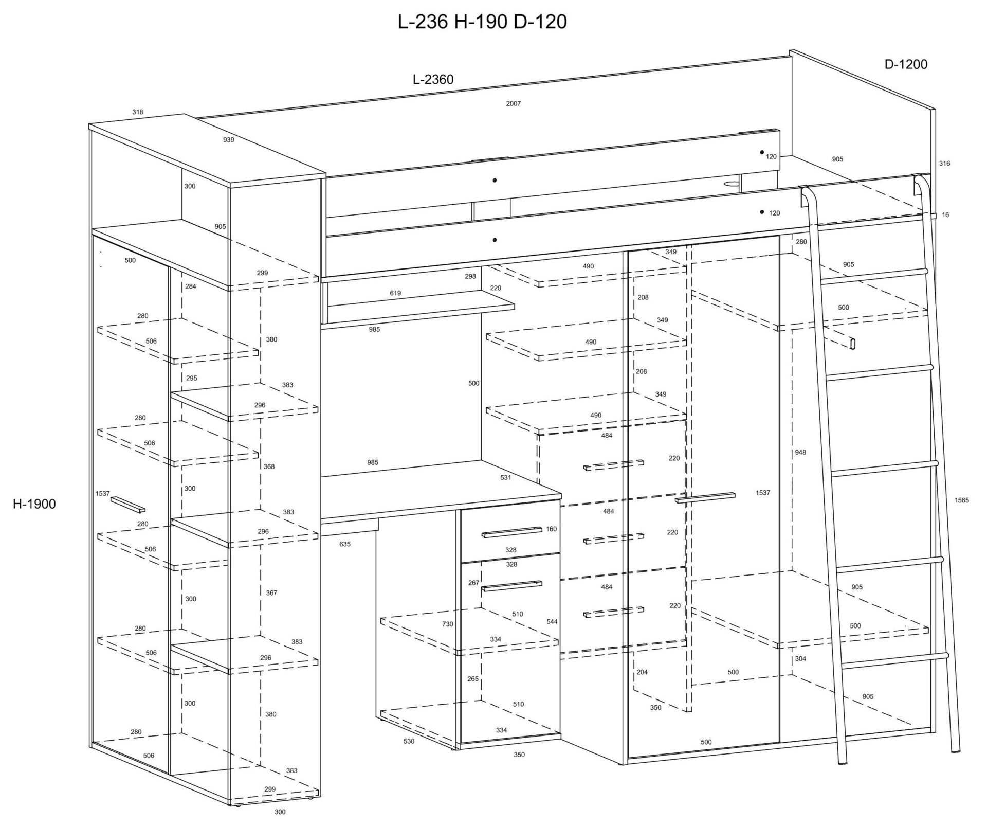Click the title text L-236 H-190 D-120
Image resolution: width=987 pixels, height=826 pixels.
click(x=482, y=22)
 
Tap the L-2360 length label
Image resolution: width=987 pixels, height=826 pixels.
click(x=433, y=79)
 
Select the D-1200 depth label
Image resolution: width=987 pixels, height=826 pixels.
click(x=906, y=64)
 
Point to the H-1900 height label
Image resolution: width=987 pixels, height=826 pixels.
click(x=34, y=504)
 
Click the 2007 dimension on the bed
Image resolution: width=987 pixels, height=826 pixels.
click(x=513, y=103)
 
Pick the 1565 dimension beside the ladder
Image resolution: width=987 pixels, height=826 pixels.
click(x=961, y=500)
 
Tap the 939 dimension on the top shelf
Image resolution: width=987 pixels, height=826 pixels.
click(x=228, y=140)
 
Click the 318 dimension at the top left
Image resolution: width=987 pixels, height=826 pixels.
click(x=137, y=112)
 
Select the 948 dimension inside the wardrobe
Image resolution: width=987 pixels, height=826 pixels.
click(x=800, y=453)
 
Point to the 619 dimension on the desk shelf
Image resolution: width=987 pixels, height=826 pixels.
click(x=395, y=293)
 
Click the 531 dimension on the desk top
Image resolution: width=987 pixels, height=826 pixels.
click(x=505, y=477)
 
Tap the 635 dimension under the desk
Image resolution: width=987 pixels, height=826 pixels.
click(x=344, y=544)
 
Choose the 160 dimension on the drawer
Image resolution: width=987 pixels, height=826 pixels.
click(x=551, y=529)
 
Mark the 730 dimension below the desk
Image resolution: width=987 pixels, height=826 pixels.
click(x=447, y=624)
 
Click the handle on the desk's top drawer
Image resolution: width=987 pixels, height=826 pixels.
click(x=511, y=532)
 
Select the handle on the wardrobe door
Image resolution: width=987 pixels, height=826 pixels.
click(x=705, y=497)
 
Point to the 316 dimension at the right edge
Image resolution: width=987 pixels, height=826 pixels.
click(x=944, y=164)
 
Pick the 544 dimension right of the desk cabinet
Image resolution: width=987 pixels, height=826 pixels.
click(x=552, y=621)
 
